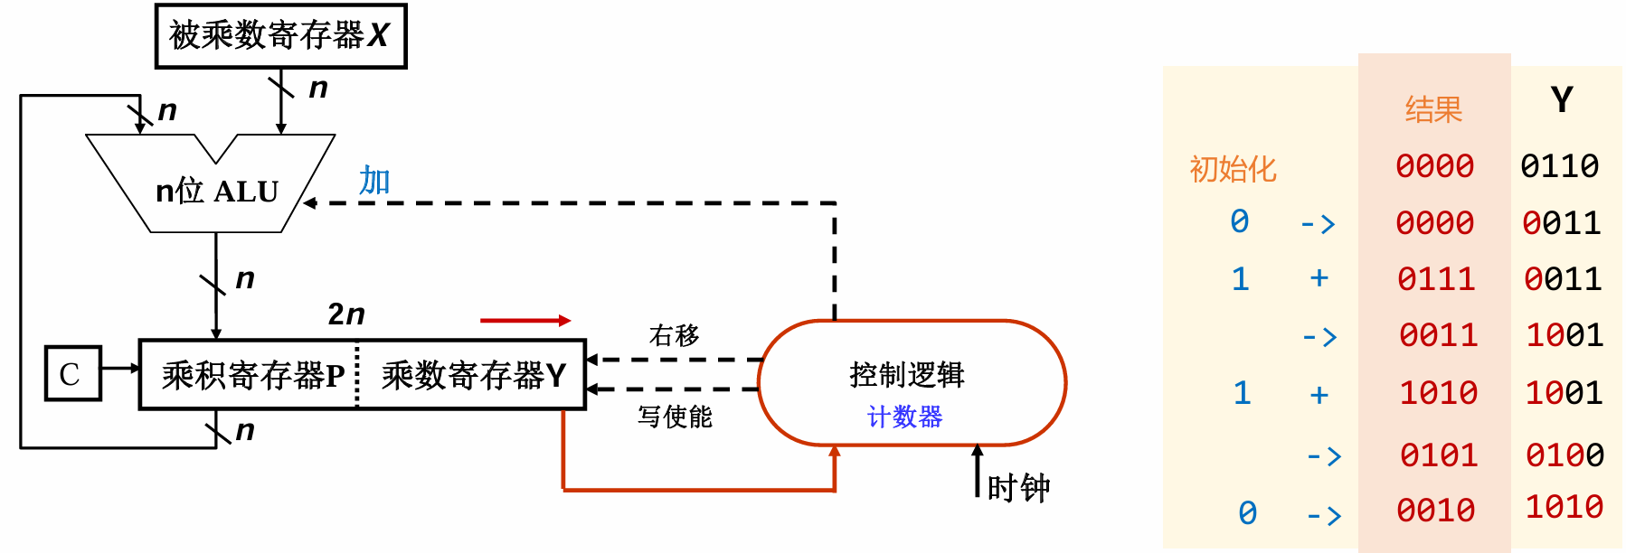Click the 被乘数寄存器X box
pos(280,36)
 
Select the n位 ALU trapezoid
pos(216,191)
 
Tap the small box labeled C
pos(71,373)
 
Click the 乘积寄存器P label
pos(252,375)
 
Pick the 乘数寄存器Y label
pos(473,375)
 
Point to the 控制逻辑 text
pos(906,374)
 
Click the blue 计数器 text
pos(904,417)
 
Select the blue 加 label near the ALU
pos(374,181)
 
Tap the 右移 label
pos(674,336)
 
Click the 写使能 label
pos(675,417)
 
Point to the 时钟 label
pos(1018,489)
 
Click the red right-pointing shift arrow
pos(525,320)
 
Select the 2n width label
pos(346,314)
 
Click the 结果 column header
pos(1433,110)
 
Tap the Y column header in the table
pos(1562,99)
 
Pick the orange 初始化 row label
pos(1233,169)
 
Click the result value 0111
pos(1436,279)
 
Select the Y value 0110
pos(1559,166)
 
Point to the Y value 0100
pos(1565,455)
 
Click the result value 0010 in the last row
pos(1436,511)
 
